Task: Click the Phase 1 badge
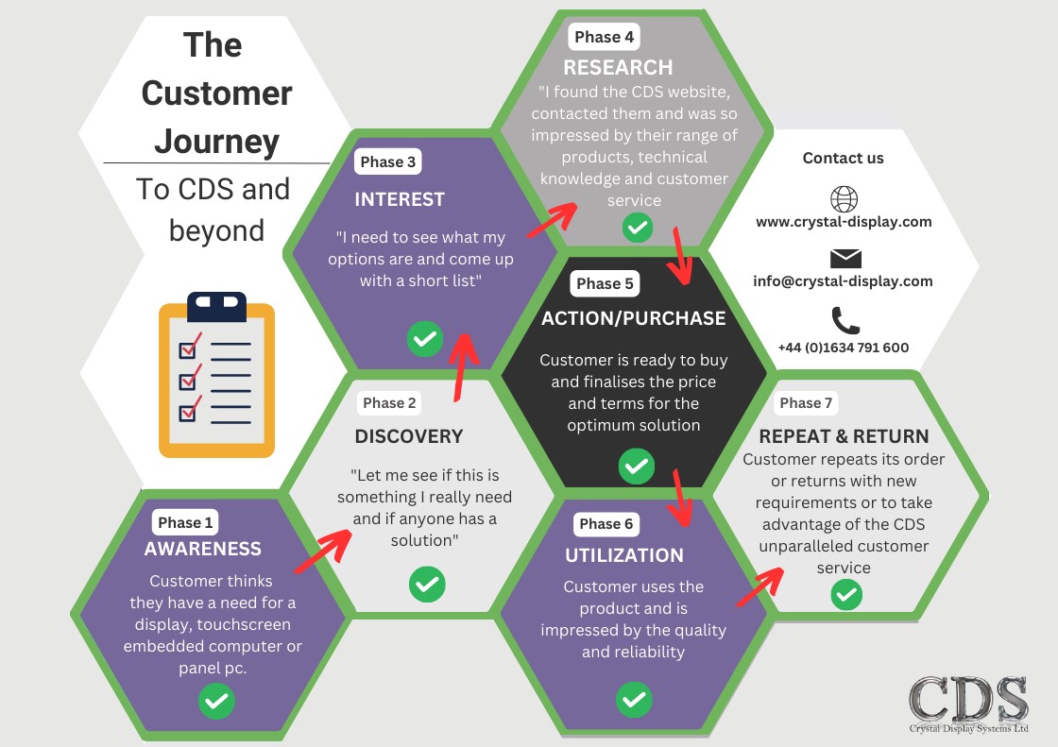tap(186, 522)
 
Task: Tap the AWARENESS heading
tap(203, 549)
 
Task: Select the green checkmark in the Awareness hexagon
tap(216, 702)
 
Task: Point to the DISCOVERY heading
tap(409, 436)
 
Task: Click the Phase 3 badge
tap(387, 161)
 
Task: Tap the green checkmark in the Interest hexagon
tap(424, 338)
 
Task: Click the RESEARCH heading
tap(618, 67)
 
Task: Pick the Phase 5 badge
tap(605, 283)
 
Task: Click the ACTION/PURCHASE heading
tap(634, 318)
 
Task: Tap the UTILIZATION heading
tap(624, 555)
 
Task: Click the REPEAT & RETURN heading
tap(844, 436)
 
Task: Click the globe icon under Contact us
tap(844, 199)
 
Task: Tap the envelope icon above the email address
tap(845, 259)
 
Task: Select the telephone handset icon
tap(845, 320)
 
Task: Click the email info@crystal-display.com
tap(843, 281)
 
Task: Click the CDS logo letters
tap(967, 699)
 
